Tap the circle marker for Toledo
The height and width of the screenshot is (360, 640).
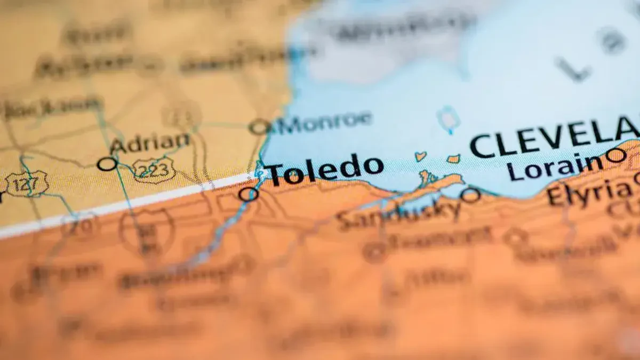coord(249,194)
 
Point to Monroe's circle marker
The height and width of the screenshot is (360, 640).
coord(259,127)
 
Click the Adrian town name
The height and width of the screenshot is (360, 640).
coord(149,143)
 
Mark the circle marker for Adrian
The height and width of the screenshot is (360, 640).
coord(107,164)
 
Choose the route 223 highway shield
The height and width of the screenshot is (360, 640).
coord(154,170)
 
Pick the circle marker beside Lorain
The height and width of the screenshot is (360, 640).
coord(616,156)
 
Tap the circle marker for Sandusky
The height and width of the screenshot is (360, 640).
coord(470,195)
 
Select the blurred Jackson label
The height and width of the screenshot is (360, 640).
coord(51,107)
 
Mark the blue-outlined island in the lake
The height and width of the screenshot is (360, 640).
coord(447,118)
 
